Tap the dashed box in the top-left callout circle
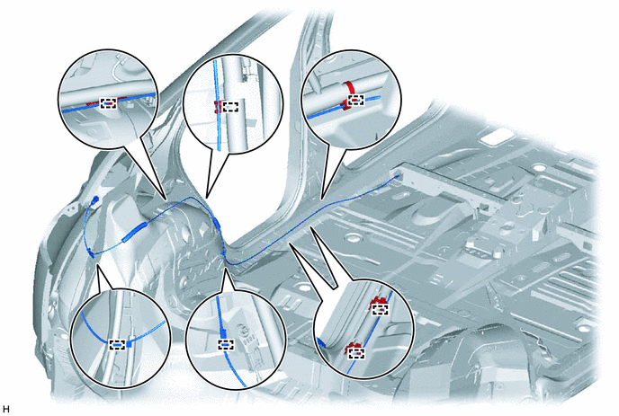coord(109,103)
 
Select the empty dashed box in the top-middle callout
coord(230,107)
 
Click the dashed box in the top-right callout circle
coord(356,100)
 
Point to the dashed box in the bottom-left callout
coord(117,345)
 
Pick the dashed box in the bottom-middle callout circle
coord(226,345)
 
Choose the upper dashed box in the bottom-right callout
coord(381,309)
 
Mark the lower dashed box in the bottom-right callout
coord(356,353)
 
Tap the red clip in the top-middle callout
coord(216,106)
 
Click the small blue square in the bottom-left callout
coord(129,344)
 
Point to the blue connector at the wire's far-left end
coord(94,200)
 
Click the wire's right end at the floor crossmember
coord(397,178)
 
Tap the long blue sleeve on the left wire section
coord(135,233)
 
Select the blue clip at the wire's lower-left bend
coord(92,253)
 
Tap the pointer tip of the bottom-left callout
coord(97,264)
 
